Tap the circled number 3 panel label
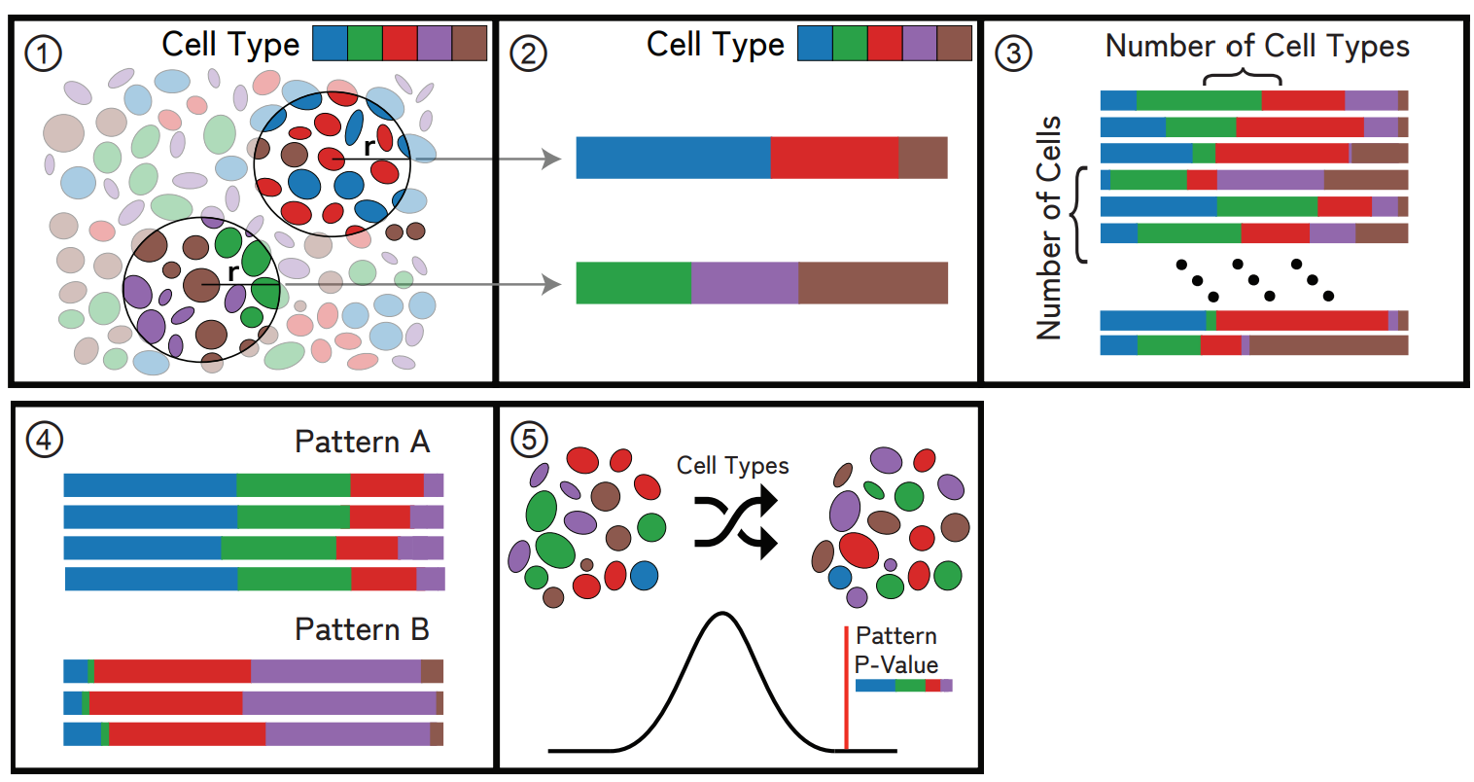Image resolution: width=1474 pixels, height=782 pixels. point(1013,53)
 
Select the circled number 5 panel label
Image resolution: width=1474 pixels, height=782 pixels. point(528,440)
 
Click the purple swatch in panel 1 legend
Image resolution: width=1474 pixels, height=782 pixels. point(435,44)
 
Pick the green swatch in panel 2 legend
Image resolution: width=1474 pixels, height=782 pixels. point(849,44)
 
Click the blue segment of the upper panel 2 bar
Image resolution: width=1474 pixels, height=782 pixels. point(673,158)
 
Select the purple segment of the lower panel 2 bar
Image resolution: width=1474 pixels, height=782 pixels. point(745,283)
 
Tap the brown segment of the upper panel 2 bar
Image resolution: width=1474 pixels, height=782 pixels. point(923,158)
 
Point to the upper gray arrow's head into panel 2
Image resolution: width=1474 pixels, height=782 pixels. point(552,158)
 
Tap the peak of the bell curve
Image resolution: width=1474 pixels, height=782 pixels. point(720,614)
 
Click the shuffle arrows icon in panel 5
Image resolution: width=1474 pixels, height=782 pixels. point(736,522)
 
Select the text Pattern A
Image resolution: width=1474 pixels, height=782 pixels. point(362,443)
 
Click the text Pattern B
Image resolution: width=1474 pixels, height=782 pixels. point(362,629)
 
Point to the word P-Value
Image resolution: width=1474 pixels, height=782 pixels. point(896,665)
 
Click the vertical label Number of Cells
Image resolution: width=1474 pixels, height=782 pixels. point(1049,228)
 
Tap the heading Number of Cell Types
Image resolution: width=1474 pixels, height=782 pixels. point(1256,46)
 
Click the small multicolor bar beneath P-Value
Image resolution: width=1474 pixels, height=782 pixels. point(903,686)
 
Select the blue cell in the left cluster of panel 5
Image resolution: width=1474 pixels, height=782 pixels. point(644,575)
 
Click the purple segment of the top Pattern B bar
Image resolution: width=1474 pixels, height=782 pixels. point(335,671)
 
